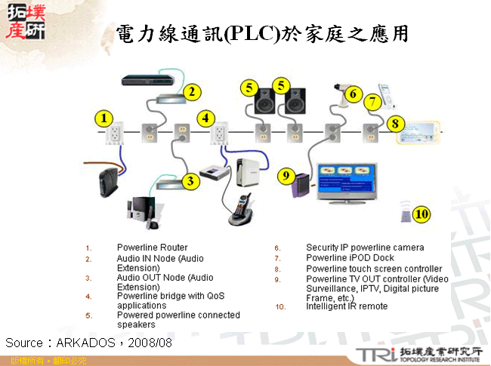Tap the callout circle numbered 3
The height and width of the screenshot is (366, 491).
(192, 180)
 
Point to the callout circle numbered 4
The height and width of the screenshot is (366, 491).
(205, 118)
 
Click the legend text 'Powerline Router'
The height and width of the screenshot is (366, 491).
(152, 248)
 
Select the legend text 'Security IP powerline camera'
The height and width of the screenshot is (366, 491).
(365, 248)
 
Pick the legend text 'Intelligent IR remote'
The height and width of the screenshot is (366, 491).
(347, 306)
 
